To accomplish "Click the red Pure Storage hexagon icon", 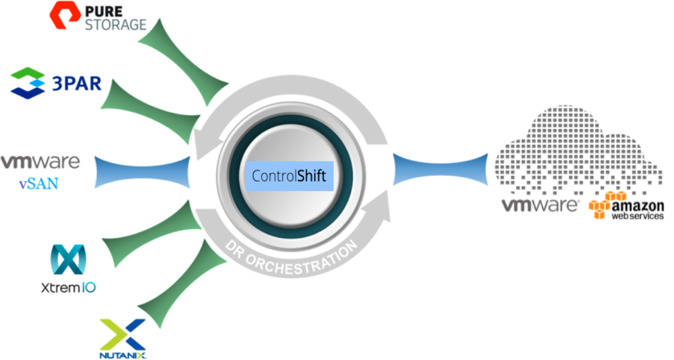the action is (65, 15).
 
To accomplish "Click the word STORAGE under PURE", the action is (116, 25).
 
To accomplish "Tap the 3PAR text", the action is (76, 84).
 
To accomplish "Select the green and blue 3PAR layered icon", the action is (28, 84).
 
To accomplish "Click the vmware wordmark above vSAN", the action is (40, 162).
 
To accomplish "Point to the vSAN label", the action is (39, 184).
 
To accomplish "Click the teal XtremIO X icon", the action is (68, 259).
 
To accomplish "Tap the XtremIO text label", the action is (68, 288).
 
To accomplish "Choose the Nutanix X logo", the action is (122, 334).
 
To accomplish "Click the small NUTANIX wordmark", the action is (123, 355).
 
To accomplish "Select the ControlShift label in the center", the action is (289, 176).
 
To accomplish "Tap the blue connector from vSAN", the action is (142, 172).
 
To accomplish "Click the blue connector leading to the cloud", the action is (440, 170).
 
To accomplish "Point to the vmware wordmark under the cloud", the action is (540, 205).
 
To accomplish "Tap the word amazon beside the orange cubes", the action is (637, 206).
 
